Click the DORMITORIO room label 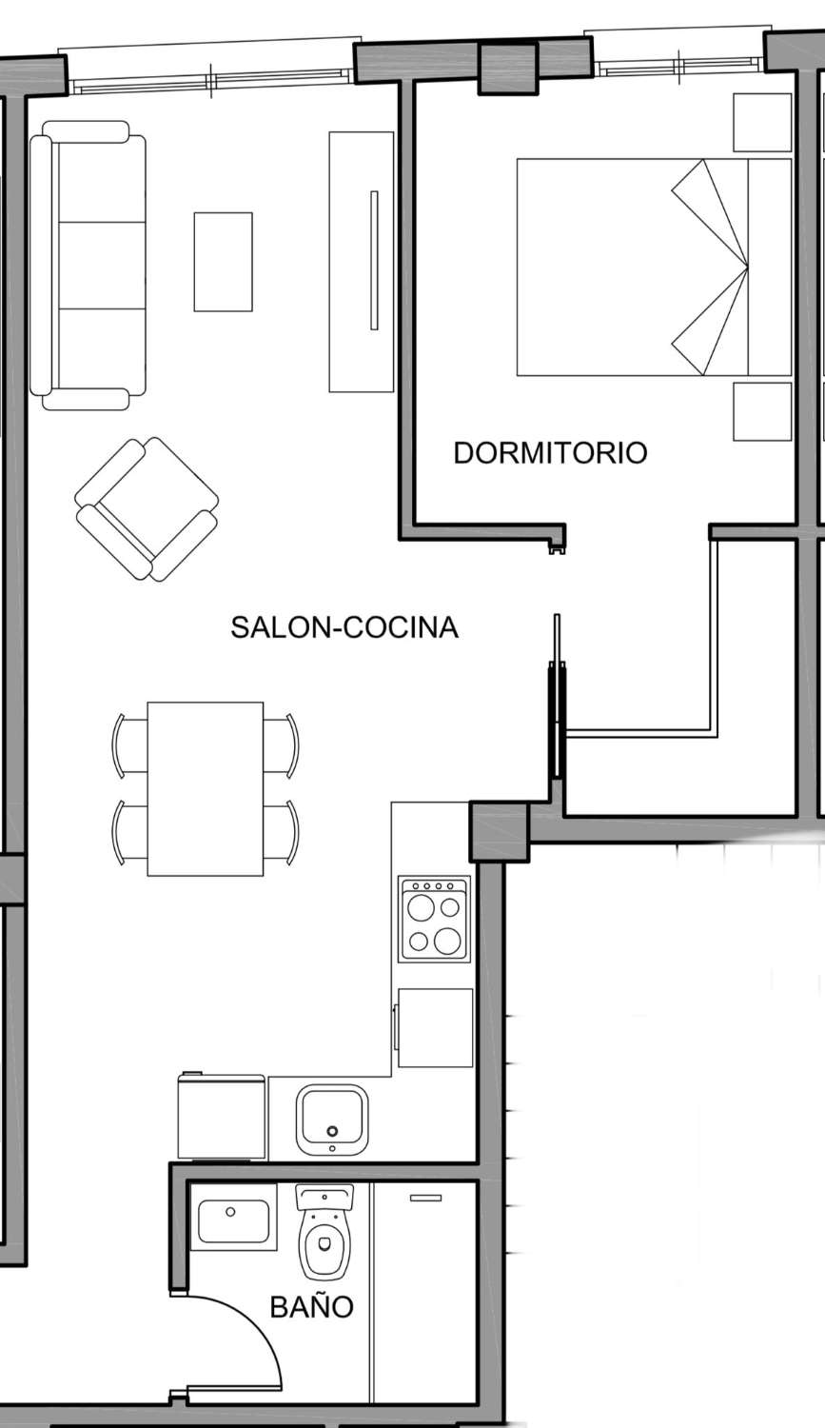click(550, 452)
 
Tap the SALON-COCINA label click(344, 627)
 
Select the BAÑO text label click(311, 1306)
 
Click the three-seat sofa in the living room click(88, 266)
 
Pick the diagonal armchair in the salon click(147, 508)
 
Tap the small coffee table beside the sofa click(223, 262)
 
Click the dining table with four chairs click(206, 789)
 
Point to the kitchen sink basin click(332, 1120)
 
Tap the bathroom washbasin click(234, 1221)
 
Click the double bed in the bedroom click(654, 268)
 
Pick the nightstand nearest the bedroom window click(762, 123)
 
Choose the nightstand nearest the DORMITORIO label click(762, 411)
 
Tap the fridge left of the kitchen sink click(221, 1115)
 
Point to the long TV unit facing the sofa click(362, 262)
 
